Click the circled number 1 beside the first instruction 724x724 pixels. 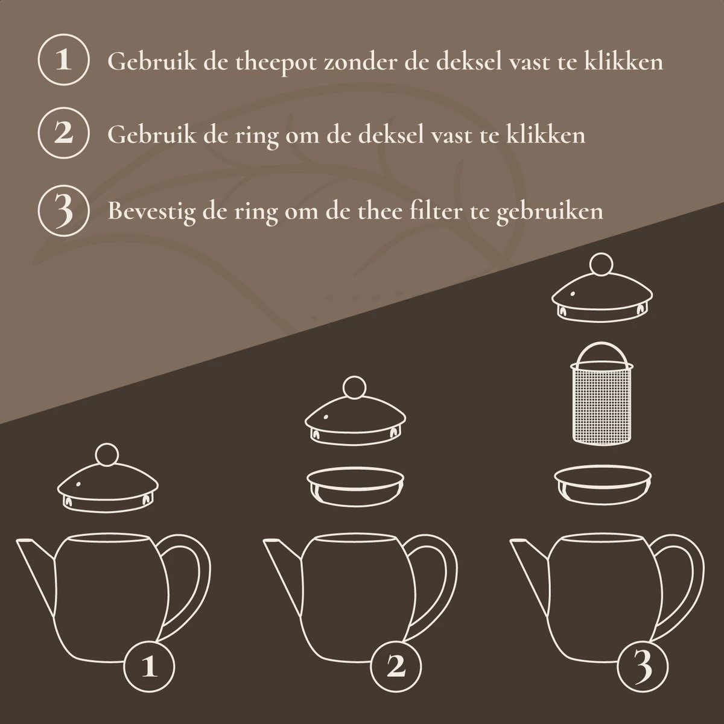click(x=63, y=62)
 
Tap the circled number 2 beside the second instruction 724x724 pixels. click(x=63, y=134)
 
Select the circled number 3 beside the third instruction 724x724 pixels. click(x=63, y=212)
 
